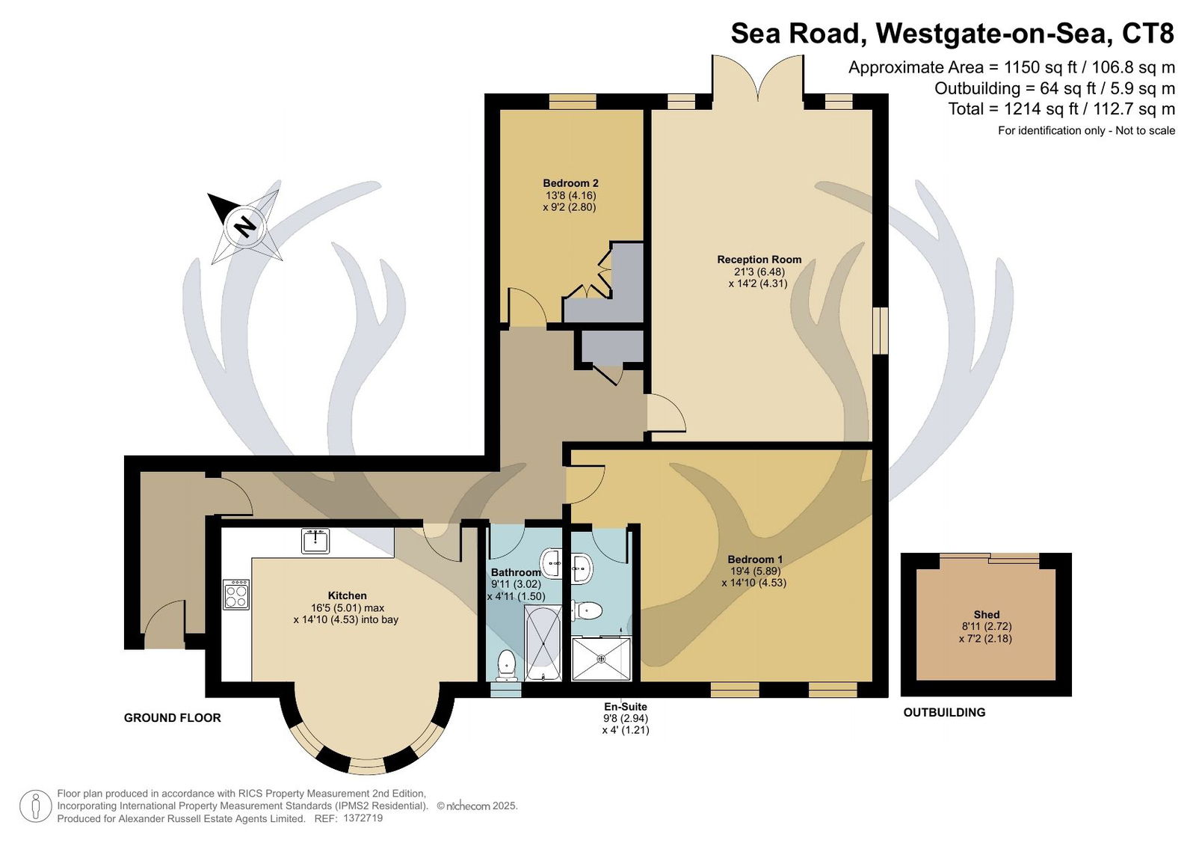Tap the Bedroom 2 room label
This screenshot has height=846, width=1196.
coord(570,183)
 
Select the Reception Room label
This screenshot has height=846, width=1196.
coord(759,260)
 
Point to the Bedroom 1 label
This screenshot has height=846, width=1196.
coord(754,560)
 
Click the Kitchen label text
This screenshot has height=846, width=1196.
coord(347,595)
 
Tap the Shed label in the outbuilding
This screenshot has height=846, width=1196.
coord(986,615)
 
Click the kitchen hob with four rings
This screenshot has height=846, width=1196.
coord(236,595)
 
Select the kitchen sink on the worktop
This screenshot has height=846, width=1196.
coord(315,540)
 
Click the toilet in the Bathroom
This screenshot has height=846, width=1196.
coord(505,666)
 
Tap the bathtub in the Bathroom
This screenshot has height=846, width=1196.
coord(543,643)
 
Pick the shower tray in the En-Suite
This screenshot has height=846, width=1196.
coord(601,659)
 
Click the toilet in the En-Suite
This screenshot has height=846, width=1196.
coord(588,610)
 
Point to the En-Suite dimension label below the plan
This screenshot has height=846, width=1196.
coord(625,718)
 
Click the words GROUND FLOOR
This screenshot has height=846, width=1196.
coord(173,718)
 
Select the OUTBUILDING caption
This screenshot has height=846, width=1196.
coord(944,712)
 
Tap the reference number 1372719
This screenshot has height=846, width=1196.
coord(363,818)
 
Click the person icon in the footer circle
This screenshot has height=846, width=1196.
coord(36,806)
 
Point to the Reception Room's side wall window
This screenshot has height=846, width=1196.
coord(880,330)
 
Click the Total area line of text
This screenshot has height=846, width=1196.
coord(1061,109)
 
